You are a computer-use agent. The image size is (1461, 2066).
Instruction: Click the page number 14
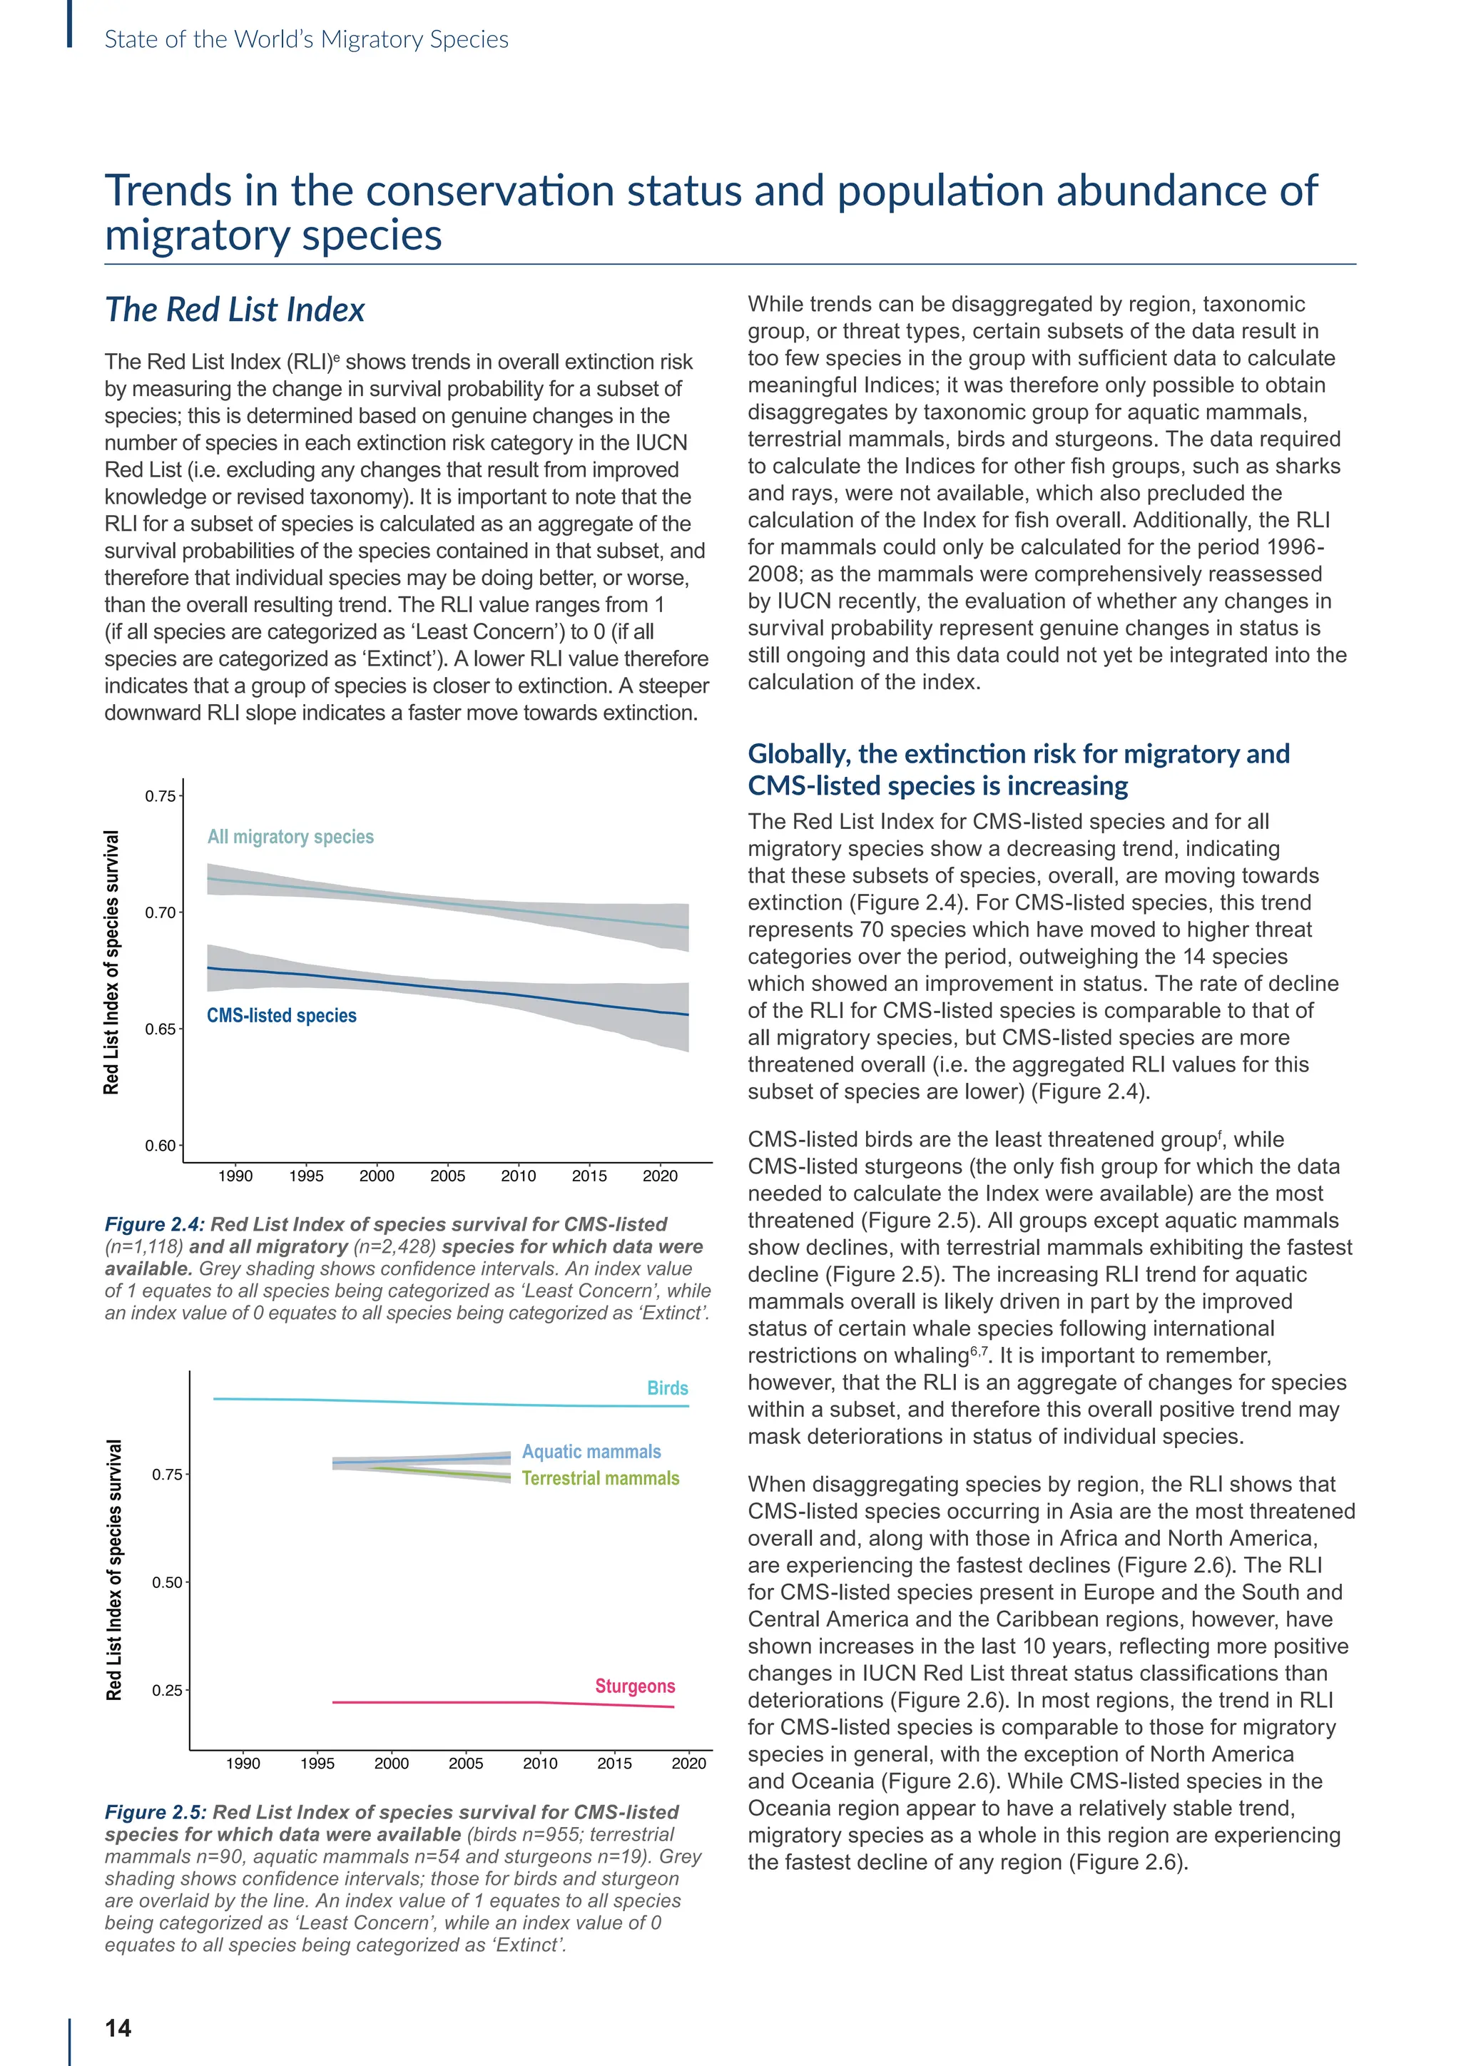pyautogui.click(x=118, y=2027)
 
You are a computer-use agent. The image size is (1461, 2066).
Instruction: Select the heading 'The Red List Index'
pyautogui.click(x=235, y=310)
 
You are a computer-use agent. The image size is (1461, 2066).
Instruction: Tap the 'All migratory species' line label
pyautogui.click(x=290, y=837)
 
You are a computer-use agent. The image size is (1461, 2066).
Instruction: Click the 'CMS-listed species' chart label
pyautogui.click(x=282, y=1015)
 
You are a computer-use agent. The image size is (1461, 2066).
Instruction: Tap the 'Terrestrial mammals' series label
pyautogui.click(x=600, y=1478)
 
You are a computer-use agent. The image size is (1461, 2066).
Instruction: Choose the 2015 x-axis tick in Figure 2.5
pyautogui.click(x=614, y=1764)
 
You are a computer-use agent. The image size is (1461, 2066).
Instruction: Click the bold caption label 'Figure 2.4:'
pyautogui.click(x=155, y=1225)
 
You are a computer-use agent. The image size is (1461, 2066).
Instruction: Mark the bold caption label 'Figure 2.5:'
pyautogui.click(x=156, y=1812)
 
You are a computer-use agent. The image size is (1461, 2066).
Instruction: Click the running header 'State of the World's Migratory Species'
pyautogui.click(x=306, y=39)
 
